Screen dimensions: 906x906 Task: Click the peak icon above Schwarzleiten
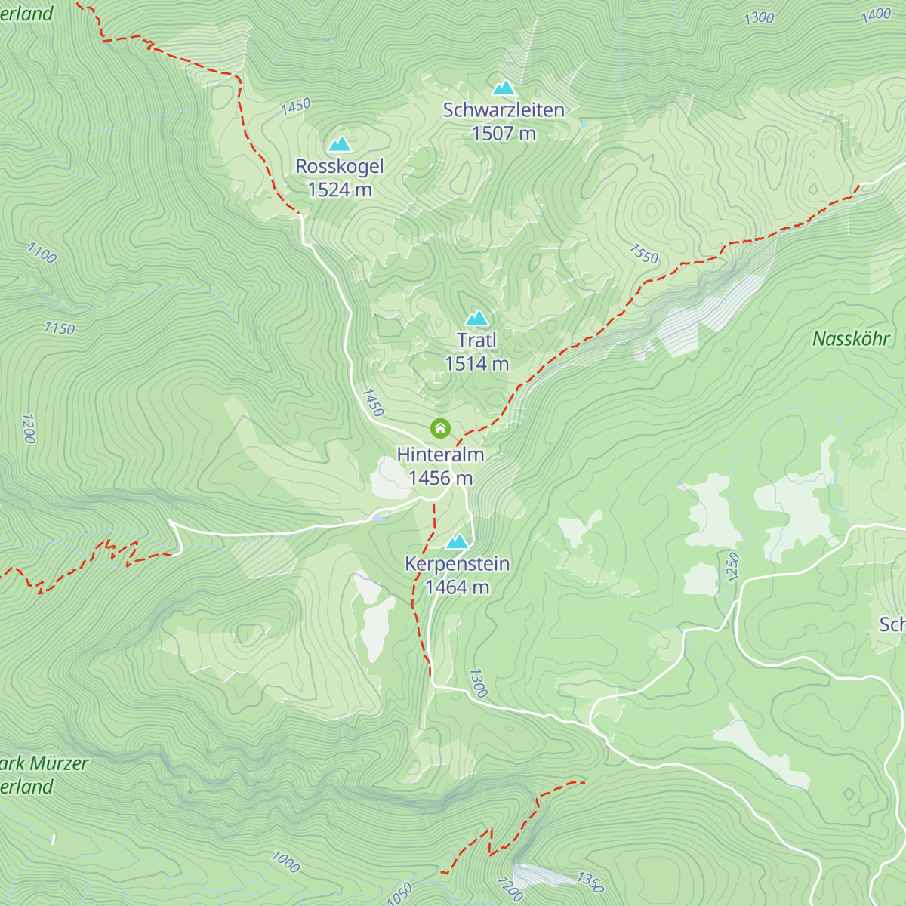(x=504, y=88)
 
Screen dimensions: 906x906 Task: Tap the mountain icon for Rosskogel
(x=340, y=144)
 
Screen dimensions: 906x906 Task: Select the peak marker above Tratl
(x=476, y=318)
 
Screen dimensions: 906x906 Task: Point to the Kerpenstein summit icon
(x=457, y=541)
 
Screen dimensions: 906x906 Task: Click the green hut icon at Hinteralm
(x=440, y=429)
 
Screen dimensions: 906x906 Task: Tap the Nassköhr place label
(x=851, y=339)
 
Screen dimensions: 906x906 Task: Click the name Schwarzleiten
(x=504, y=110)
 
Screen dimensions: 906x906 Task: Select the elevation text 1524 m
(x=340, y=190)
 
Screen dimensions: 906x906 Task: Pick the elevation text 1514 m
(x=476, y=364)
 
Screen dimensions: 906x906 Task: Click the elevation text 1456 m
(x=441, y=478)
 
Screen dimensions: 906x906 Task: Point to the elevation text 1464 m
(x=458, y=587)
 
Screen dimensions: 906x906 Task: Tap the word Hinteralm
(x=441, y=455)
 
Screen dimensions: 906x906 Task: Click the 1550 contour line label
(x=644, y=254)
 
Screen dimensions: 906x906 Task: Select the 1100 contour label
(x=42, y=253)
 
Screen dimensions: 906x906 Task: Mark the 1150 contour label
(x=59, y=328)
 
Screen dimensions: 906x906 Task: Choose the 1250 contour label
(x=732, y=567)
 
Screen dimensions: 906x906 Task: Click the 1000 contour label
(x=286, y=861)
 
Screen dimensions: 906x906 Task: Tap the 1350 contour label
(x=590, y=882)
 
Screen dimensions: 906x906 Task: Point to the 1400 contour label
(x=876, y=14)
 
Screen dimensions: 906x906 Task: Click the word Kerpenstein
(x=458, y=564)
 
